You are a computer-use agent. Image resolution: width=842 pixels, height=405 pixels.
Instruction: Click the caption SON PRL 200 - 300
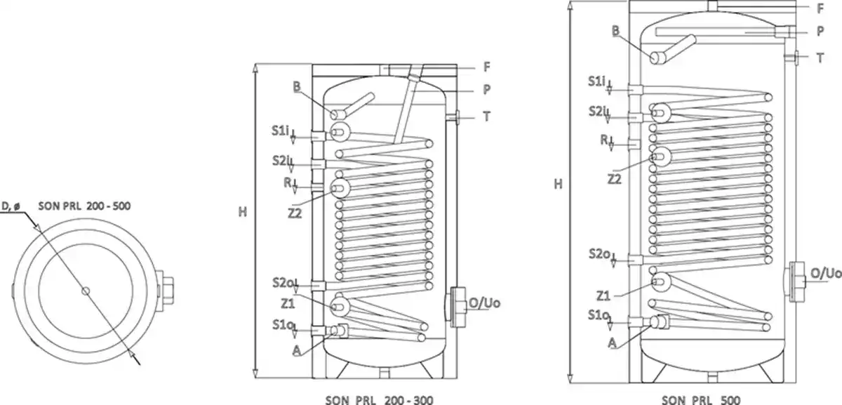click(x=380, y=399)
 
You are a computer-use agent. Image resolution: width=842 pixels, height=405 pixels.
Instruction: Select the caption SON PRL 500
click(x=701, y=399)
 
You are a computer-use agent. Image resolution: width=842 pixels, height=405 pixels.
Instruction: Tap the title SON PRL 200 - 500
click(x=85, y=206)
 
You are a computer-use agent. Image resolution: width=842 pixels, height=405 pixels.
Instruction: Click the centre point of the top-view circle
click(x=86, y=291)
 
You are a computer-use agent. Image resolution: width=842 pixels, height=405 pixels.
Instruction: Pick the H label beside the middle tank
click(x=243, y=212)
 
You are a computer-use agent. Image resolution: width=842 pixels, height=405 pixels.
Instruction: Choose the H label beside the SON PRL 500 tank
click(x=559, y=184)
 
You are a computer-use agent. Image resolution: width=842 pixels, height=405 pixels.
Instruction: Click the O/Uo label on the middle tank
click(x=485, y=303)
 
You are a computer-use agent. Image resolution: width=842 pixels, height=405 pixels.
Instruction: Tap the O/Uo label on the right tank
click(x=826, y=273)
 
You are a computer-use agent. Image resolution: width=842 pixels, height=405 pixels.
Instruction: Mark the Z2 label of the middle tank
click(x=295, y=213)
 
